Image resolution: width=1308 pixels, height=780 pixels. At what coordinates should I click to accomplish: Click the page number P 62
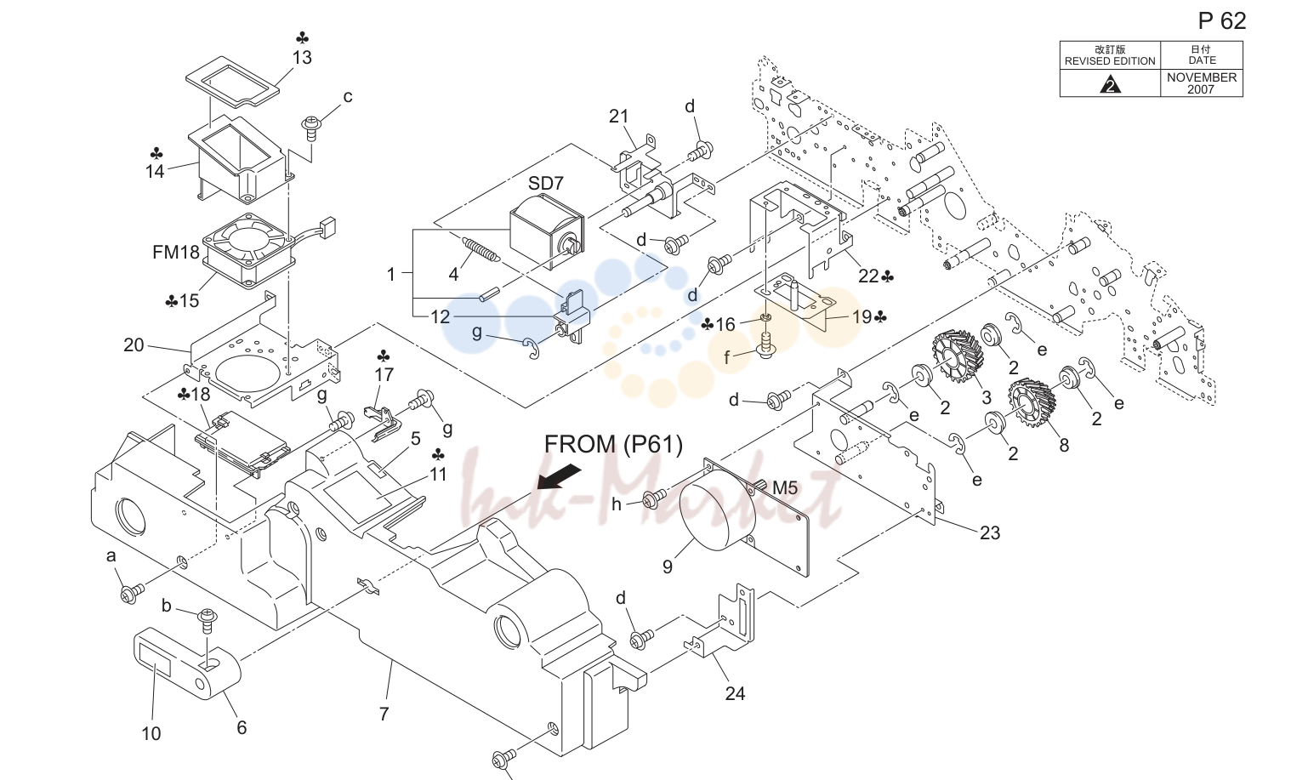pos(1221,21)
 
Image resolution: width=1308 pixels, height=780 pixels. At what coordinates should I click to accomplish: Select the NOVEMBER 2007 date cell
pos(1201,83)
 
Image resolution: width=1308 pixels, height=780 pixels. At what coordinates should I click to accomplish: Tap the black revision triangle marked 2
pos(1110,85)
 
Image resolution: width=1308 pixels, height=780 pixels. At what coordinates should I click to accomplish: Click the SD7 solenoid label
pos(545,184)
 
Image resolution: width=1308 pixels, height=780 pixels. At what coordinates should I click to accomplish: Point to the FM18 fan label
pos(176,253)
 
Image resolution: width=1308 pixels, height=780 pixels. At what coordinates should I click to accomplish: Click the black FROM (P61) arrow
pos(559,475)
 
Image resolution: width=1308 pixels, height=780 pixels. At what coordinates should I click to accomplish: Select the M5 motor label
pos(784,487)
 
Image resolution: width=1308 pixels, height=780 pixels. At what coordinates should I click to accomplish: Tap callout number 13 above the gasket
pos(302,58)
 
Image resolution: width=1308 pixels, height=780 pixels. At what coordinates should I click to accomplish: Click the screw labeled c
pos(310,128)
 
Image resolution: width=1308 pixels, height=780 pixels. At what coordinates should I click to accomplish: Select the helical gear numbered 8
pos(1032,403)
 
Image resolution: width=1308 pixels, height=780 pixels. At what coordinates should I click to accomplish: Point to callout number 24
pos(735,693)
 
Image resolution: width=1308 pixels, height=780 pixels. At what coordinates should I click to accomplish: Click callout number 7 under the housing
pos(384,714)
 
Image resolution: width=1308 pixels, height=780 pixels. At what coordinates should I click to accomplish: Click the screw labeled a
pos(131,593)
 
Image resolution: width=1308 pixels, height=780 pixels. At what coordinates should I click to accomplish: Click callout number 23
pos(990,532)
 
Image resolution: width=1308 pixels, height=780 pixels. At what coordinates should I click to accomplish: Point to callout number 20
pos(134,345)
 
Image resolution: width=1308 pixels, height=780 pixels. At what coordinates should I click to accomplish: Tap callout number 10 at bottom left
pos(151,734)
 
